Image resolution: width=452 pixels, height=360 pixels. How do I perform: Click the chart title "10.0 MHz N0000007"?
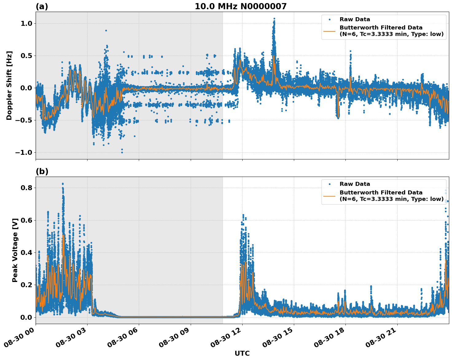tap(240, 6)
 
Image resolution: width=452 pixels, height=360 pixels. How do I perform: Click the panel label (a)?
tap(42, 6)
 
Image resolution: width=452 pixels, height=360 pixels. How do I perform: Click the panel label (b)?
tap(42, 171)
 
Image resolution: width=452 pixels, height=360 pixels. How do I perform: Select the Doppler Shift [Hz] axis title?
tap(9, 85)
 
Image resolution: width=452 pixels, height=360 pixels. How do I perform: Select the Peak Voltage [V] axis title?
tap(15, 250)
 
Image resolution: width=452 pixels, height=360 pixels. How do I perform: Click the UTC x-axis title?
tap(242, 353)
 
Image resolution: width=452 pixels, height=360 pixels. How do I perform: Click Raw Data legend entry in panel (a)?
tap(355, 19)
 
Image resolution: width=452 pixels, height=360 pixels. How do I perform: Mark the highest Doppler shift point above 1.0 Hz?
tap(274, 18)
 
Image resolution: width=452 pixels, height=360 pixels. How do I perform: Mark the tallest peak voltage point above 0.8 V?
tap(63, 184)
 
